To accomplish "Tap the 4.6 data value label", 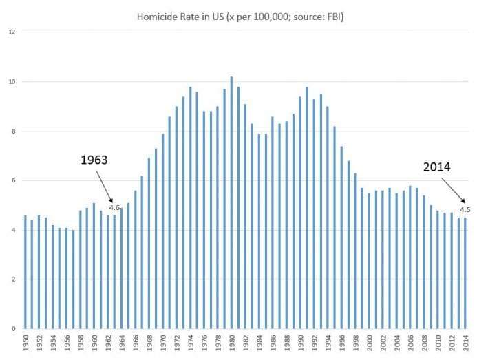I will point(114,207).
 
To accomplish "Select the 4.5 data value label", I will point(465,210).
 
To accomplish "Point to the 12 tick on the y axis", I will point(12,32).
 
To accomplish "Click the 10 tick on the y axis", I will point(12,82).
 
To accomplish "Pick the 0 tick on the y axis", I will point(14,329).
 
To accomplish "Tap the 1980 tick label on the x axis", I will point(232,344).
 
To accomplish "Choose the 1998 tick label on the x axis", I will point(356,344).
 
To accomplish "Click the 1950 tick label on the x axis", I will point(25,344).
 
